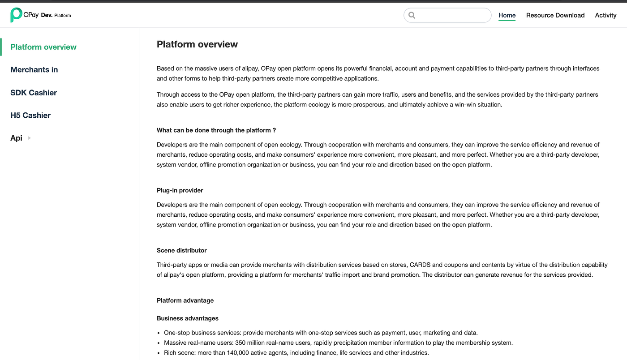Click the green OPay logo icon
[x=16, y=15]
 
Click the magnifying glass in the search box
[x=412, y=15]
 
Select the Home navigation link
[x=507, y=15]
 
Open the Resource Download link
[x=555, y=15]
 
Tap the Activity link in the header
[x=606, y=15]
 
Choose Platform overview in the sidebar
[x=43, y=47]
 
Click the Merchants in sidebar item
[x=34, y=69]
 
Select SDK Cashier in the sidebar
[x=34, y=93]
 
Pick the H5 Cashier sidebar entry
[x=30, y=115]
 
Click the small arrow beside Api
[x=30, y=138]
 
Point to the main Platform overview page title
[x=197, y=44]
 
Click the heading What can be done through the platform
[x=216, y=130]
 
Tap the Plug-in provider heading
[x=180, y=190]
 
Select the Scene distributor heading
[x=182, y=250]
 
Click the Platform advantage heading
[x=185, y=300]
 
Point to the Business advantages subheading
[x=188, y=318]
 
